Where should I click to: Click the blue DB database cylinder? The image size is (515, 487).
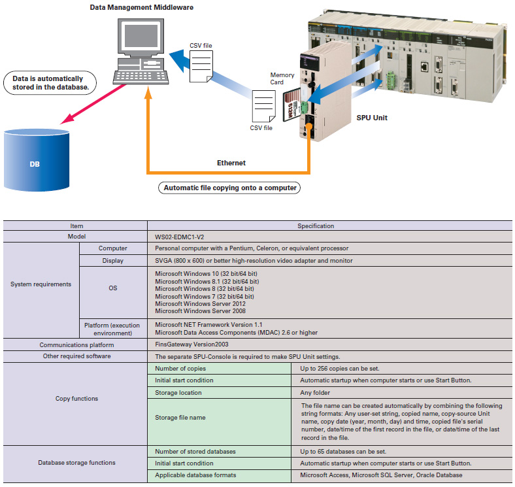(x=35, y=160)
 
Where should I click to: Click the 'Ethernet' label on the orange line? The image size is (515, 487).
(x=231, y=163)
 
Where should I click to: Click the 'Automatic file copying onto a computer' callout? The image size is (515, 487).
(x=229, y=188)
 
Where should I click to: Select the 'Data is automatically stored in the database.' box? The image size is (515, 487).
(x=50, y=83)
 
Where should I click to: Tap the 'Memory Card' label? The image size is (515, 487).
(x=282, y=79)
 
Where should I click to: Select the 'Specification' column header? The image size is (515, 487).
(x=316, y=226)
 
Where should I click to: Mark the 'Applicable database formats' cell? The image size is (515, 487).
(x=195, y=475)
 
